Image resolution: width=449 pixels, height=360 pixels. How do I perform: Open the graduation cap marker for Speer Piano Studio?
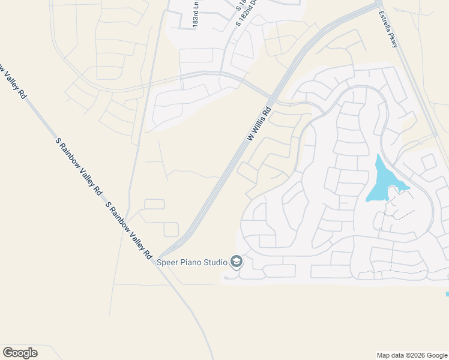(x=237, y=262)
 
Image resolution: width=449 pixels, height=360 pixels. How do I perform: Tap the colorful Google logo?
(x=20, y=353)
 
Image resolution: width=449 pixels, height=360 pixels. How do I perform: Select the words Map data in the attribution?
(x=390, y=355)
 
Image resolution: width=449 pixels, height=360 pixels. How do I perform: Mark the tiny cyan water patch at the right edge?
(x=447, y=293)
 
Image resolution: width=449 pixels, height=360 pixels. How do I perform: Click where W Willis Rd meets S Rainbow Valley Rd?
(x=160, y=257)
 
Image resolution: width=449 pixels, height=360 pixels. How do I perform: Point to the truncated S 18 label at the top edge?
(x=241, y=6)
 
